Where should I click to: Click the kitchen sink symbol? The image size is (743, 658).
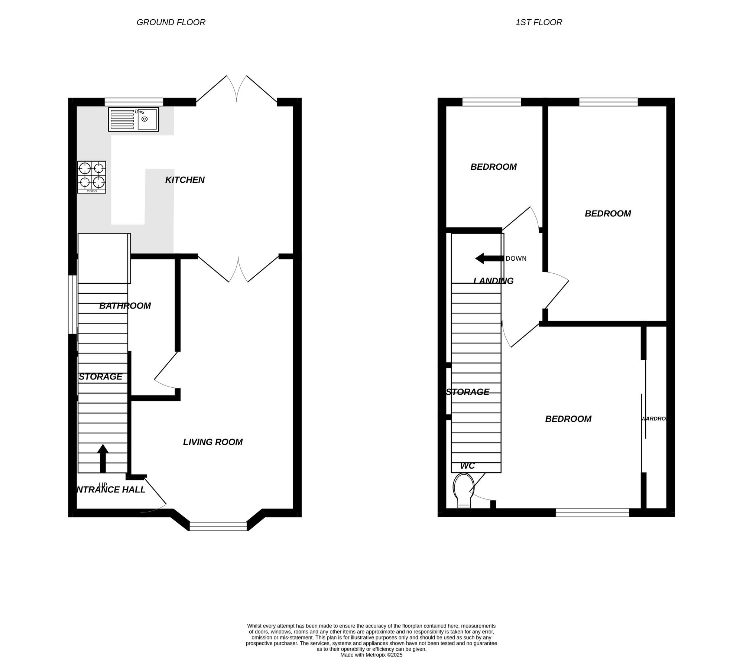tap(133, 119)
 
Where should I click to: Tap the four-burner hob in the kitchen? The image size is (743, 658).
tap(91, 177)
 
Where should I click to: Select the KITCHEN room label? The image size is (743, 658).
tap(185, 180)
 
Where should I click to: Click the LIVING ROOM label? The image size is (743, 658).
tap(212, 442)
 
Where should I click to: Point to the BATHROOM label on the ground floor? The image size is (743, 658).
tap(125, 306)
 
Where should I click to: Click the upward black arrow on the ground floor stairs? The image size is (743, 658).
tap(103, 458)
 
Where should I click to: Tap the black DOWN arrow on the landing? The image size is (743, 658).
tap(489, 258)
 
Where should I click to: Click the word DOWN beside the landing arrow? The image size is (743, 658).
tap(516, 258)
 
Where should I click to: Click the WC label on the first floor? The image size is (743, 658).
tap(467, 466)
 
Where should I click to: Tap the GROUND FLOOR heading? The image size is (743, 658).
tap(171, 22)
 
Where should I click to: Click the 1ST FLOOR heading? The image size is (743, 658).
tap(539, 22)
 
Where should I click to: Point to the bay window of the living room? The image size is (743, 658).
tap(218, 526)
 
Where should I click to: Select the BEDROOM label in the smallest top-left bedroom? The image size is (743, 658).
tap(493, 167)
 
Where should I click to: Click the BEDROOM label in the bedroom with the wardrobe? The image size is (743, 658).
tap(568, 419)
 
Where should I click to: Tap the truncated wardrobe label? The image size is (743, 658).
tap(655, 418)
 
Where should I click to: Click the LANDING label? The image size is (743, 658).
tap(493, 281)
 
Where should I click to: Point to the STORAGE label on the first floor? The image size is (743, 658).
tap(467, 392)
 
